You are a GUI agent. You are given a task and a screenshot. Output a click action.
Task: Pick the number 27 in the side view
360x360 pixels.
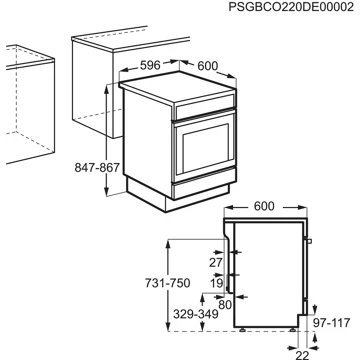point(213,262)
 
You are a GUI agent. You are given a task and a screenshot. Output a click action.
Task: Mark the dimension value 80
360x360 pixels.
point(225,304)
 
